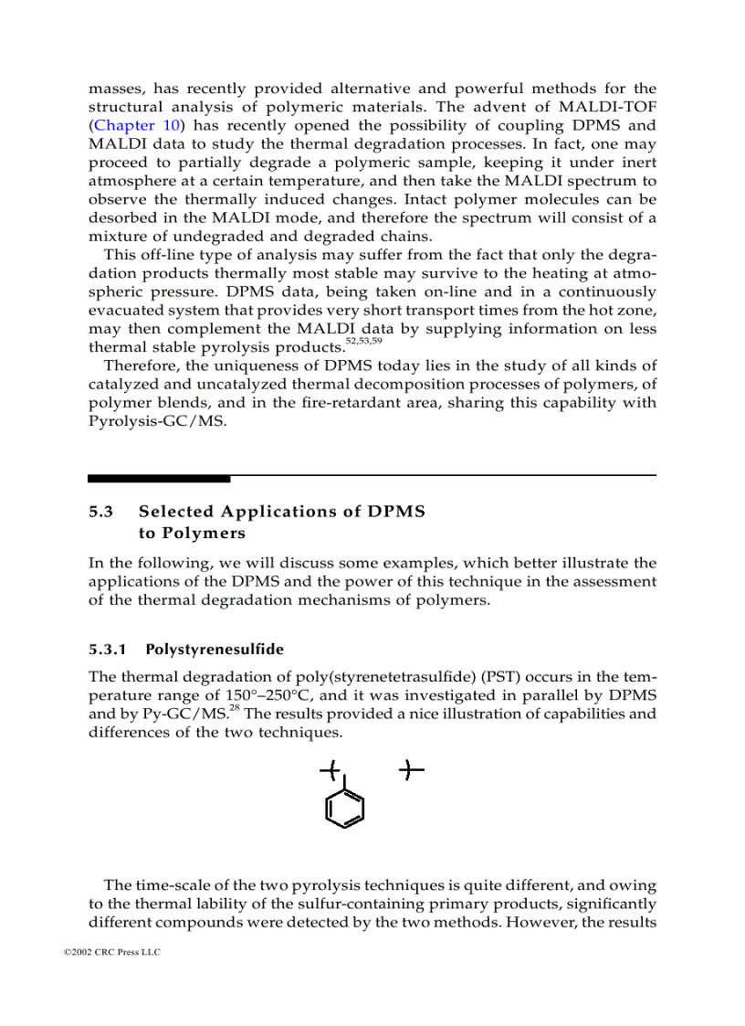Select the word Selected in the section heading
(x=175, y=512)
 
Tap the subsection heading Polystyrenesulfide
(x=215, y=650)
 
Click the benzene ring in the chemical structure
(x=345, y=808)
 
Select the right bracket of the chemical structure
(x=412, y=772)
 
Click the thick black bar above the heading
(x=159, y=478)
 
